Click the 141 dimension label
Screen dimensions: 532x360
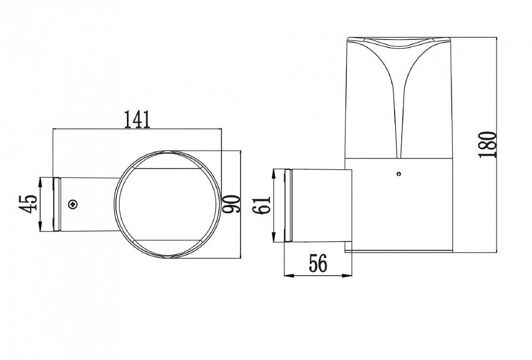(x=137, y=119)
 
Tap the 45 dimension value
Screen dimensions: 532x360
(x=28, y=204)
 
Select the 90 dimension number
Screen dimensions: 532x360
(x=231, y=204)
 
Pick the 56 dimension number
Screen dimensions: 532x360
(x=318, y=264)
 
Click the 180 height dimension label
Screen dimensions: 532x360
(x=488, y=145)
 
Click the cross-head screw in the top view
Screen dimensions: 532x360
(x=73, y=204)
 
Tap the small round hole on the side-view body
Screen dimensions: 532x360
(x=398, y=174)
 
